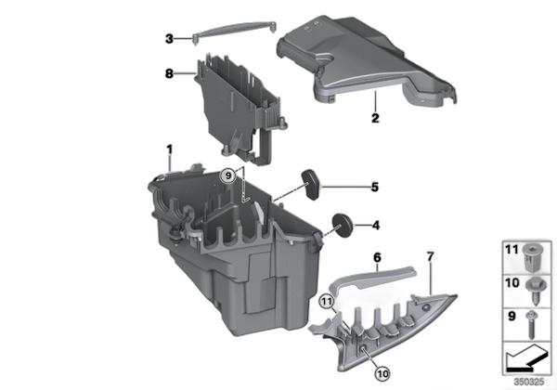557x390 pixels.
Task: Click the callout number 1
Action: pyautogui.click(x=170, y=149)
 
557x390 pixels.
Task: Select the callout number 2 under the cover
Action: pyautogui.click(x=374, y=119)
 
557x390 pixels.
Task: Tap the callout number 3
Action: pyautogui.click(x=169, y=38)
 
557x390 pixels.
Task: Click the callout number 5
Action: pyautogui.click(x=375, y=187)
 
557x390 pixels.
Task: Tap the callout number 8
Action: pyautogui.click(x=169, y=73)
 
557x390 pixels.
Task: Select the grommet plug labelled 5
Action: pyautogui.click(x=310, y=182)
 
